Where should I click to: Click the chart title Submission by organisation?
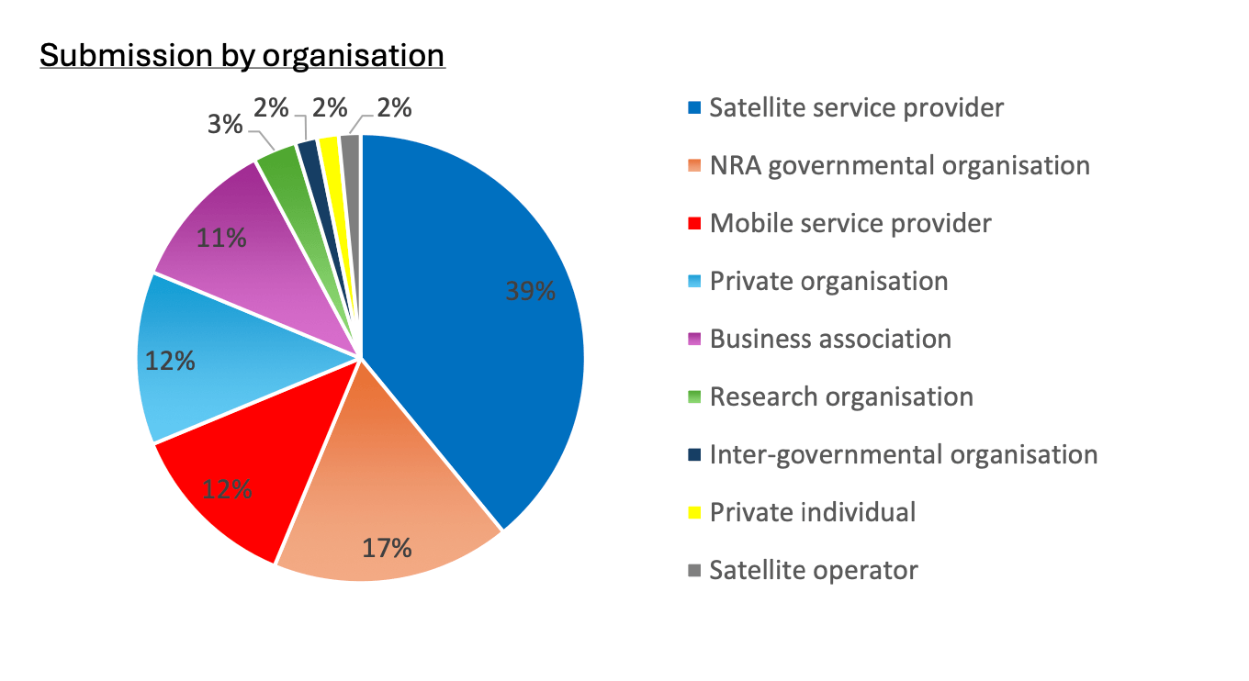[x=242, y=56]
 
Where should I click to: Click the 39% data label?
[x=530, y=291]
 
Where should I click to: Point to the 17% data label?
[x=386, y=548]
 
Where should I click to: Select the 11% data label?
[x=221, y=239]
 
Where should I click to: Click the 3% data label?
[x=225, y=124]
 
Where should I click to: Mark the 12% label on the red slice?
[x=227, y=489]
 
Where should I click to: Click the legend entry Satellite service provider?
[x=856, y=108]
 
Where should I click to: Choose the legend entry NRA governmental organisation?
[x=899, y=166]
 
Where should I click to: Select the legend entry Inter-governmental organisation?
[x=903, y=455]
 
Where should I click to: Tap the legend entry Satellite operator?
[x=814, y=571]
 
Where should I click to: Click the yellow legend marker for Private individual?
[x=695, y=513]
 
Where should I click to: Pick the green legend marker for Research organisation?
[x=695, y=397]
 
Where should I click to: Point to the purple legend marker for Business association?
[x=695, y=340]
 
